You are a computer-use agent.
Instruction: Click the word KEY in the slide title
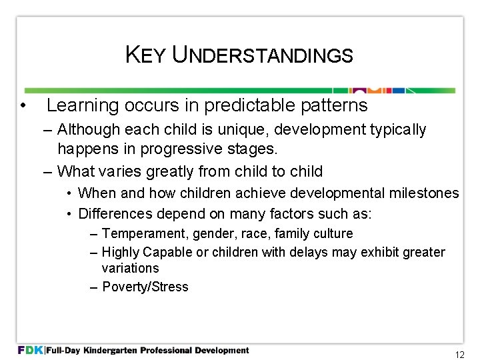pyautogui.click(x=145, y=55)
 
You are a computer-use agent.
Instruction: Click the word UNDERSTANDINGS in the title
pyautogui.click(x=262, y=55)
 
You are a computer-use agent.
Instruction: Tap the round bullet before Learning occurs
pyautogui.click(x=23, y=105)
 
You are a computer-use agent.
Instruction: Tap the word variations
pyautogui.click(x=130, y=268)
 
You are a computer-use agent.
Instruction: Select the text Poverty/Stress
pyautogui.click(x=145, y=287)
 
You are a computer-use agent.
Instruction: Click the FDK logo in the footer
pyautogui.click(x=30, y=350)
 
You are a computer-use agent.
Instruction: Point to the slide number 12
pyautogui.click(x=459, y=355)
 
